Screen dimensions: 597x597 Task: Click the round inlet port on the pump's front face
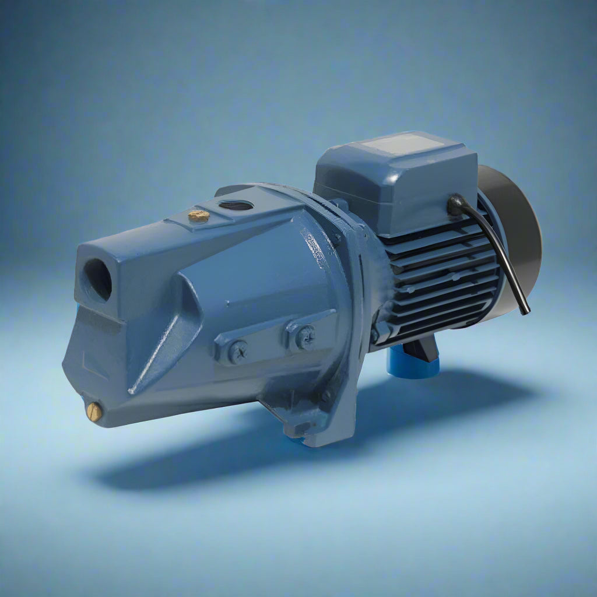coord(97,280)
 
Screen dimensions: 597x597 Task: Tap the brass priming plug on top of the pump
coord(199,216)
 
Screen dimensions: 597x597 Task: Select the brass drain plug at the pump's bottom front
coord(94,412)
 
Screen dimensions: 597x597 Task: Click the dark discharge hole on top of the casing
coord(236,205)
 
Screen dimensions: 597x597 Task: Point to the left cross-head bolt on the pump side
coord(237,352)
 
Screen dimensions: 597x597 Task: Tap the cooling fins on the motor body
coord(437,274)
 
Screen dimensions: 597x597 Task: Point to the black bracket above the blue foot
coord(423,348)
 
